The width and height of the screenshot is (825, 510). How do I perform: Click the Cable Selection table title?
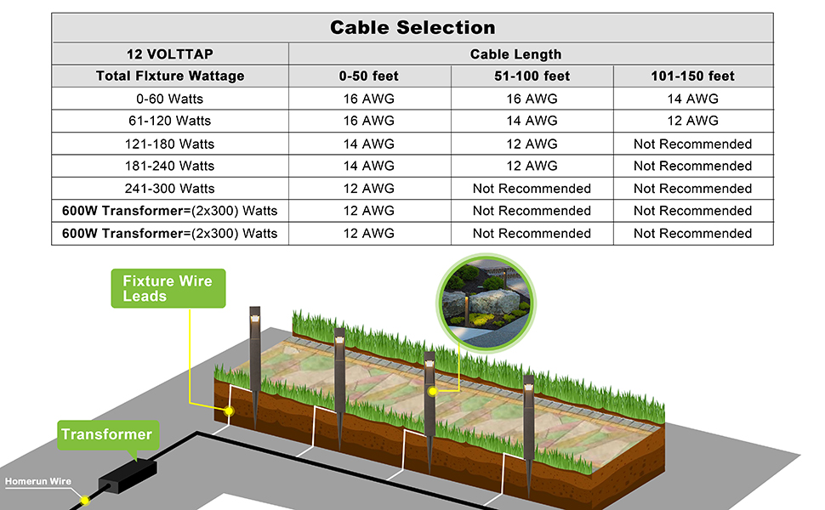412,27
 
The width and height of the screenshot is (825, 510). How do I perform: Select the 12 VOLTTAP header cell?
170,54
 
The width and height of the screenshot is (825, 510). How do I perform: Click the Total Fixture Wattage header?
170,76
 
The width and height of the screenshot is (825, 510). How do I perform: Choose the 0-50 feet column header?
368,76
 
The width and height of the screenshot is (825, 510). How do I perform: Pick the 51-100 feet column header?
532,76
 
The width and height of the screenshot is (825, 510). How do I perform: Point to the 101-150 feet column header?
692,76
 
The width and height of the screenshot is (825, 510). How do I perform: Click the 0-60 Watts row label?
170,99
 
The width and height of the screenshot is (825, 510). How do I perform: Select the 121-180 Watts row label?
170,144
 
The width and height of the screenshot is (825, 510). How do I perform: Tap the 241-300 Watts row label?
170,189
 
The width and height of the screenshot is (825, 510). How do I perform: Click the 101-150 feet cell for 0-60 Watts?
692,99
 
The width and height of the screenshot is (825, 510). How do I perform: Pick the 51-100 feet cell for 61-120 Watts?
532,121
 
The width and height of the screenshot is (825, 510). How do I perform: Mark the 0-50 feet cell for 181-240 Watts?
368,166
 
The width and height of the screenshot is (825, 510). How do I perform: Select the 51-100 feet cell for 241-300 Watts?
532,189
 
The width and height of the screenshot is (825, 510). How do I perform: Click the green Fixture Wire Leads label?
168,288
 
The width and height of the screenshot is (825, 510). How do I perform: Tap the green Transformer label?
106,434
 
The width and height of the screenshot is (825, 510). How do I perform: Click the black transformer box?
128,476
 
